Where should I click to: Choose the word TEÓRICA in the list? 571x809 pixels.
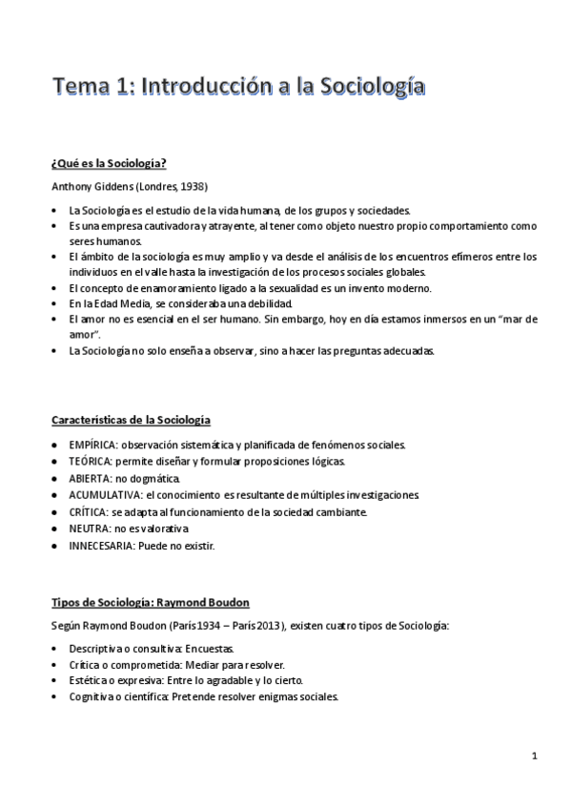click(89, 462)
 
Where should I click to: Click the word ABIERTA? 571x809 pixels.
click(87, 478)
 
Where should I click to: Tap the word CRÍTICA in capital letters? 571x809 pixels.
click(86, 512)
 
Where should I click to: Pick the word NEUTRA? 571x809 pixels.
click(86, 529)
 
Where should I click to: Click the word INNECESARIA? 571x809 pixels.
click(100, 546)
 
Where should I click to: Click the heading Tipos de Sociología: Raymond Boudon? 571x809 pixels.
click(150, 602)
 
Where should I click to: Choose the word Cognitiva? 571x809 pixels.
click(92, 697)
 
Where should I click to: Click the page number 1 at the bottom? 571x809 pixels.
click(535, 757)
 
